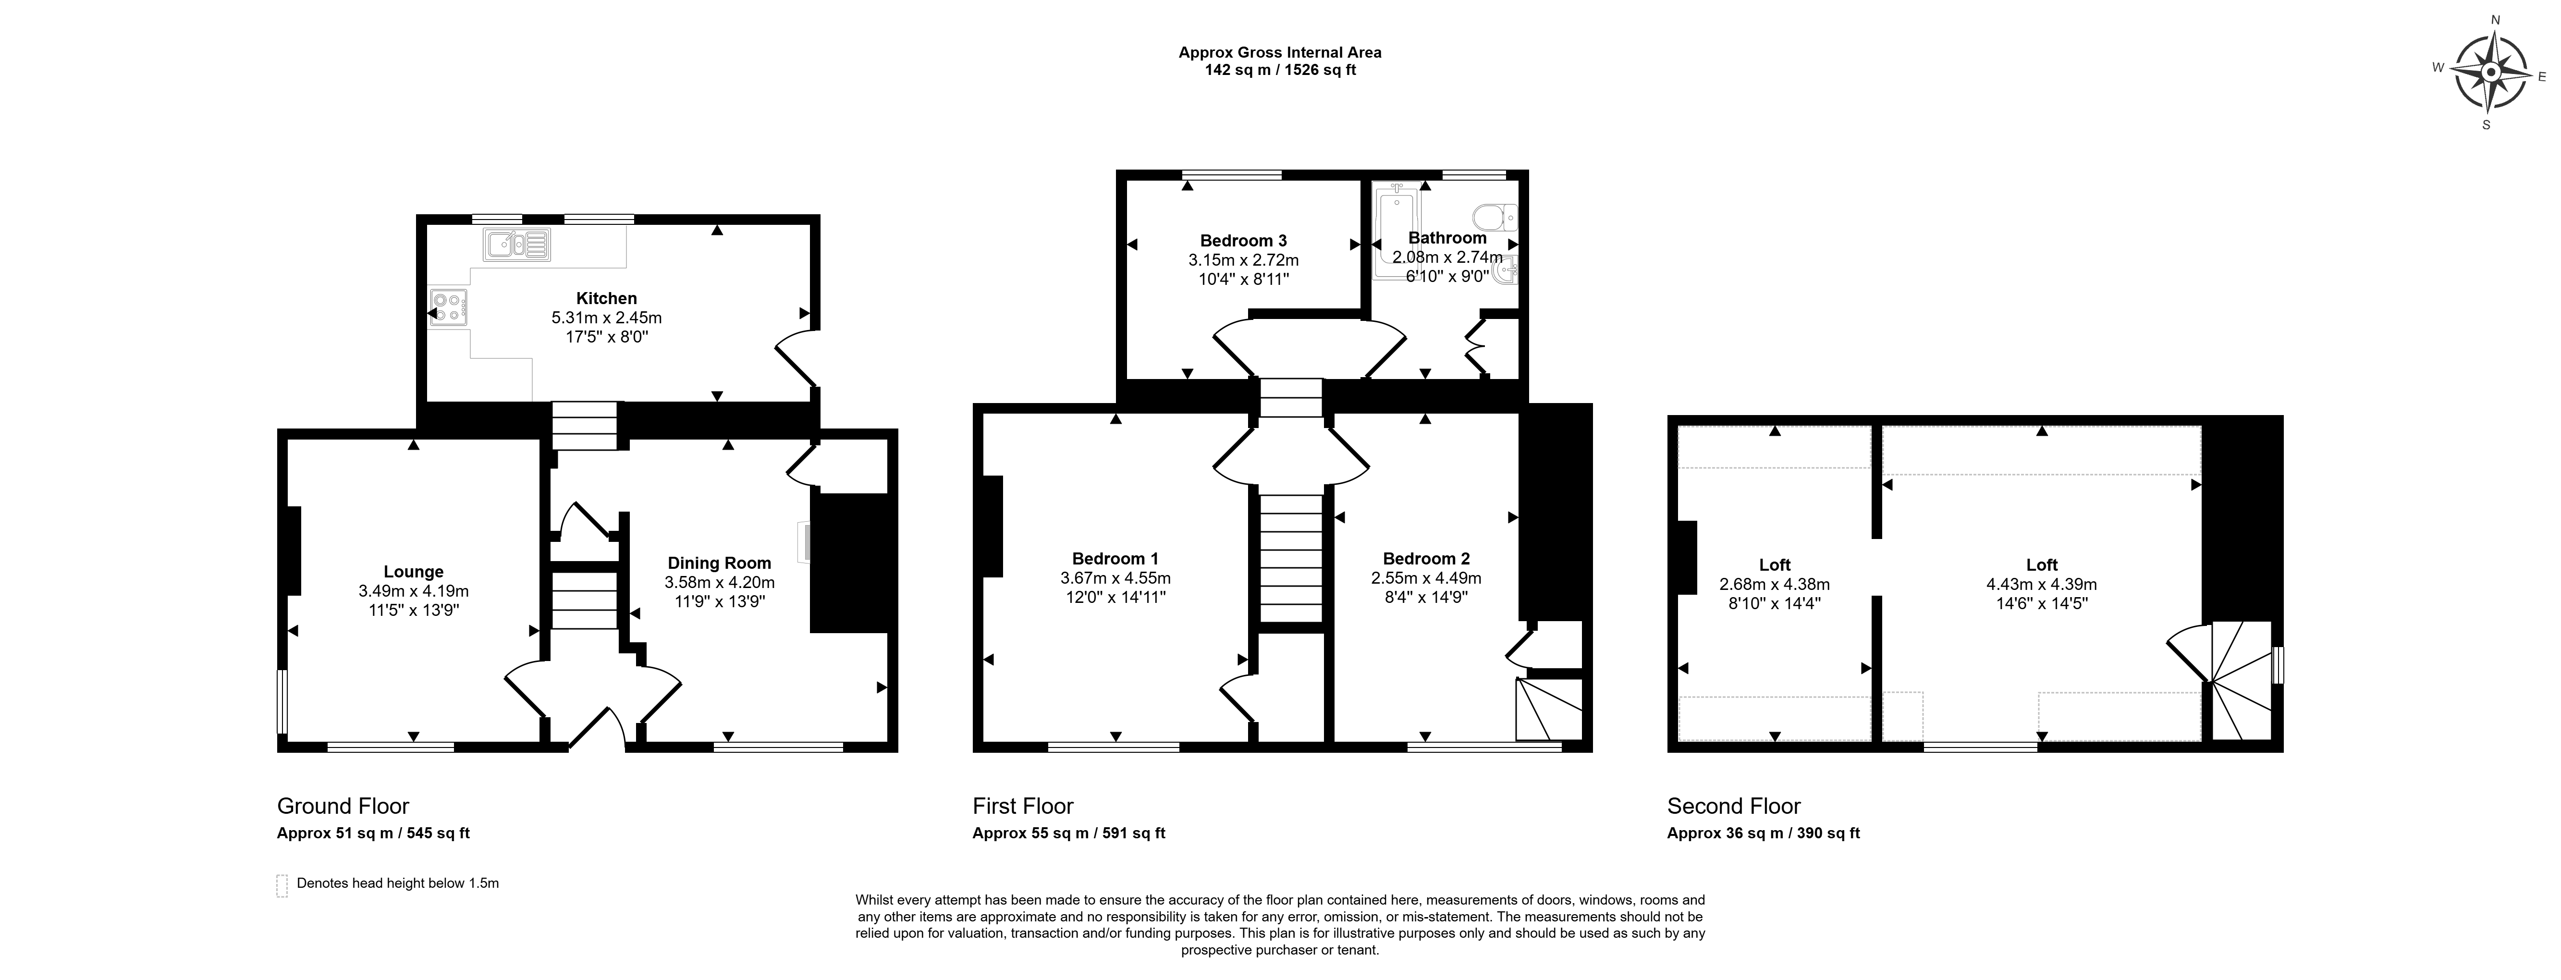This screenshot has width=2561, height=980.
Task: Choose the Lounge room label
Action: [x=414, y=572]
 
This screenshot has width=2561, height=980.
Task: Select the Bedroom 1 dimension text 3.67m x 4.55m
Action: [x=1115, y=577]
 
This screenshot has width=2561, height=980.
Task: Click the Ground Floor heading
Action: [x=343, y=806]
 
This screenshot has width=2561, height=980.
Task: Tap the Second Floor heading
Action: [x=1734, y=806]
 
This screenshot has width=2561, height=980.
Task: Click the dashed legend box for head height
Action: [x=282, y=885]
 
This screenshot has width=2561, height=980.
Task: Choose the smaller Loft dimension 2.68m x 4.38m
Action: [x=1775, y=585]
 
